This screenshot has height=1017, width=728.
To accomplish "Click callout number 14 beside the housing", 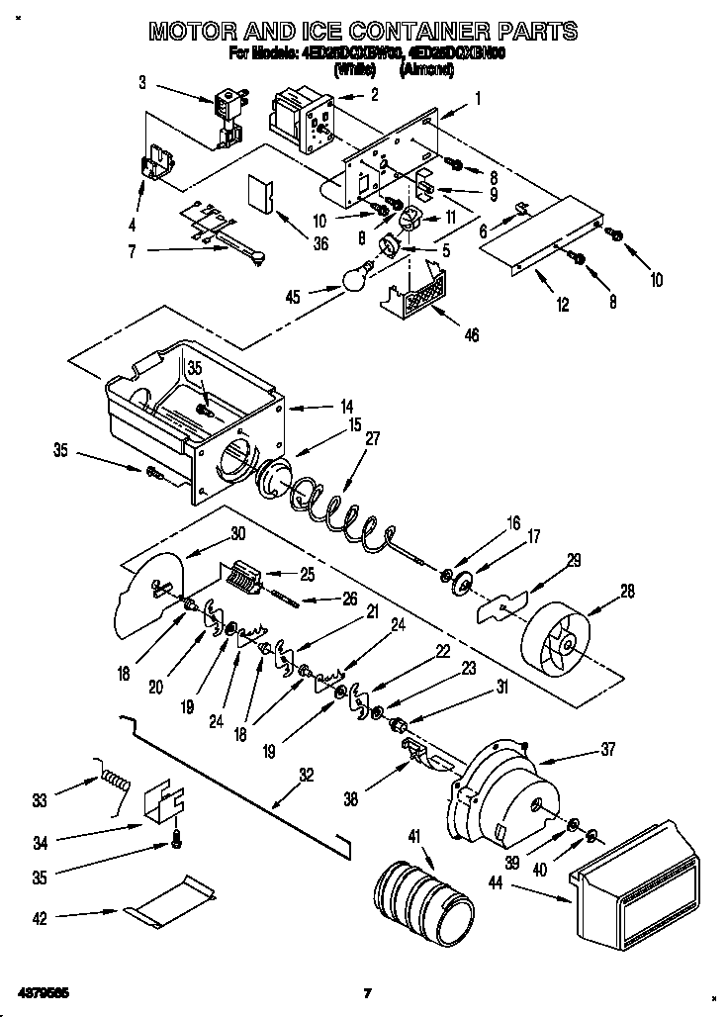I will [318, 406].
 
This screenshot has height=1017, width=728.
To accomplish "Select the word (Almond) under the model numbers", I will [426, 70].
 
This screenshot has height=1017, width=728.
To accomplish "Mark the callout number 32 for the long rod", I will [307, 776].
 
